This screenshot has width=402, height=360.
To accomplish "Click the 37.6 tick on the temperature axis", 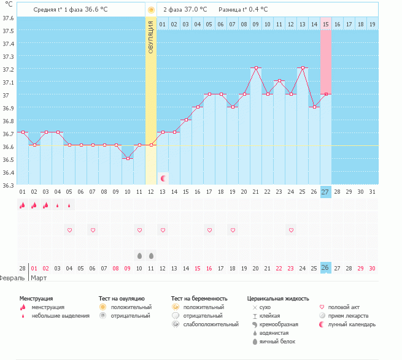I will point(7,18).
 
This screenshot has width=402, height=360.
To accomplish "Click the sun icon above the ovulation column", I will point(151,10).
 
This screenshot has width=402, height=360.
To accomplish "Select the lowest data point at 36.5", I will point(128,158).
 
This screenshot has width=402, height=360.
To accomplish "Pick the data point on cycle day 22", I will point(268,94).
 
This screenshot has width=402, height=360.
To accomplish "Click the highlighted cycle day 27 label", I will point(325,192).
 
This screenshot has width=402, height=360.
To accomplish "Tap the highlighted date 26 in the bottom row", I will point(325,267).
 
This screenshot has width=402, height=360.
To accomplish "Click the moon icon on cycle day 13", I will point(163,178).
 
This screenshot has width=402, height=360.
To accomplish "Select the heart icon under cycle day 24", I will point(291,230).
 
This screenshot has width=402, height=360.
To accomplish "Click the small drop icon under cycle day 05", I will point(69,205).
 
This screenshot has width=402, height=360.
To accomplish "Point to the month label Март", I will point(39,278).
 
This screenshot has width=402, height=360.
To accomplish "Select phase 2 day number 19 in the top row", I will point(373,24).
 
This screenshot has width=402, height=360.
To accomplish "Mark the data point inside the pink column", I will point(326,94).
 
